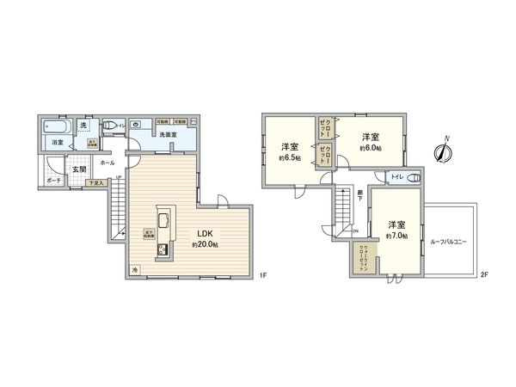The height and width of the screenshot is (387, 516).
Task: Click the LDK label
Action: (x=205, y=233)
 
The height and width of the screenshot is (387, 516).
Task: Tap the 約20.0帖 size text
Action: (x=205, y=244)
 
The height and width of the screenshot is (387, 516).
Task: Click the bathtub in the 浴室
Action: (x=58, y=126)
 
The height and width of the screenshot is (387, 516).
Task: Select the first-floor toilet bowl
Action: (x=109, y=125)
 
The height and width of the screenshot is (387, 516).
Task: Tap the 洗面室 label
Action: (x=168, y=135)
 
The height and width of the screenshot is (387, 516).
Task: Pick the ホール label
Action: (x=107, y=162)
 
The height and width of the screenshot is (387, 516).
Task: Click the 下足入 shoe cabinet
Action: (x=99, y=182)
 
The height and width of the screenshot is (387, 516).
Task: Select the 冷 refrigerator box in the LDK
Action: (x=135, y=271)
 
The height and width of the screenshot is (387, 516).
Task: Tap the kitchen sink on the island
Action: (x=163, y=216)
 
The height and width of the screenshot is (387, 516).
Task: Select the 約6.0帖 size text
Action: (x=372, y=148)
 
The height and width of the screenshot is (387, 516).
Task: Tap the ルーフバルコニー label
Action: (x=449, y=243)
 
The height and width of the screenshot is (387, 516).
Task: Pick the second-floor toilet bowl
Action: (x=415, y=178)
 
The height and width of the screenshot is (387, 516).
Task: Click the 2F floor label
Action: (x=484, y=275)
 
